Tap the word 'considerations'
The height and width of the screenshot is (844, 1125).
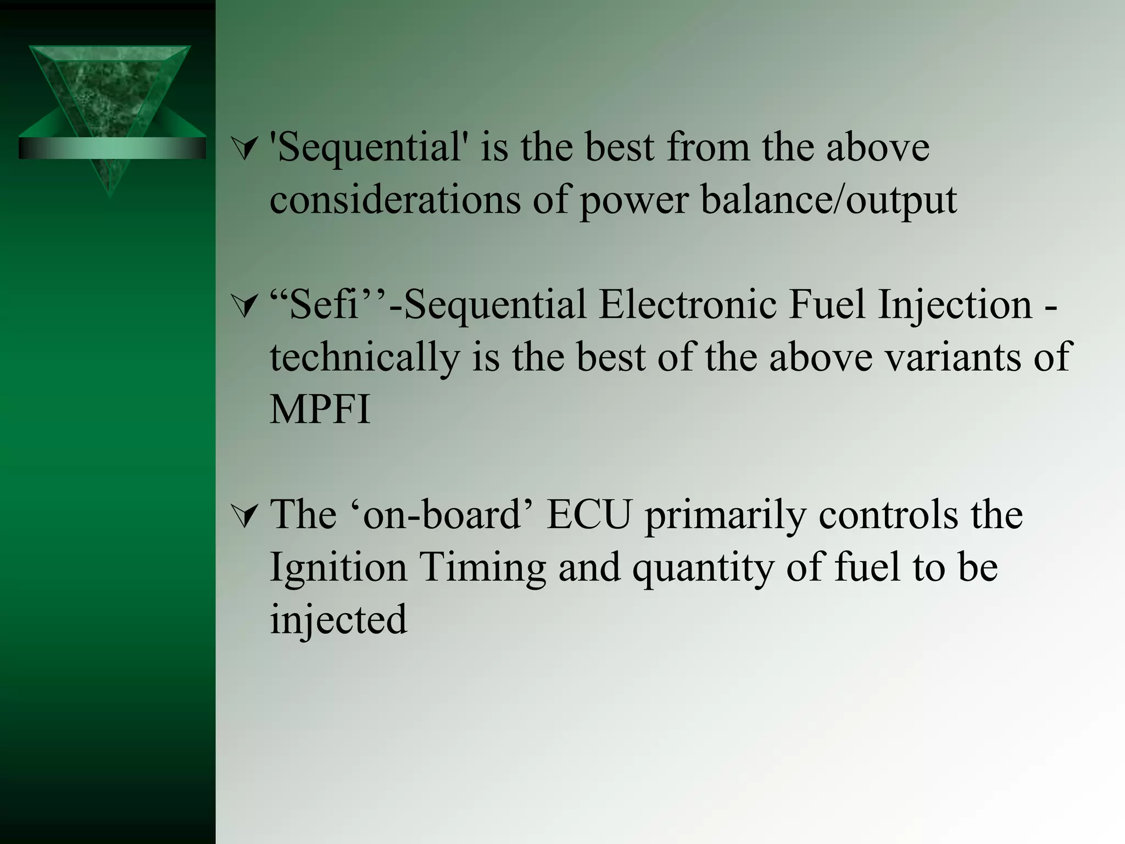(395, 199)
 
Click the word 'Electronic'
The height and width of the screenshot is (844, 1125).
(688, 305)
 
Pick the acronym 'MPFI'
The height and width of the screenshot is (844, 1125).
(320, 409)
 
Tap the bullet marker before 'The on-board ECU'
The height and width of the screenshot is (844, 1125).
(244, 517)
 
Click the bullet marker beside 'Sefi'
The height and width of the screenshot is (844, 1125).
(244, 306)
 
